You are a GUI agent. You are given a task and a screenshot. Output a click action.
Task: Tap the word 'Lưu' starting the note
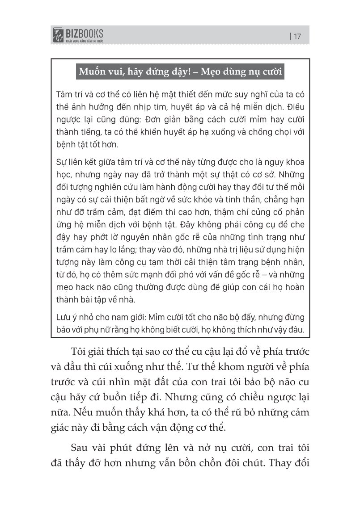pos(65,318)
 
